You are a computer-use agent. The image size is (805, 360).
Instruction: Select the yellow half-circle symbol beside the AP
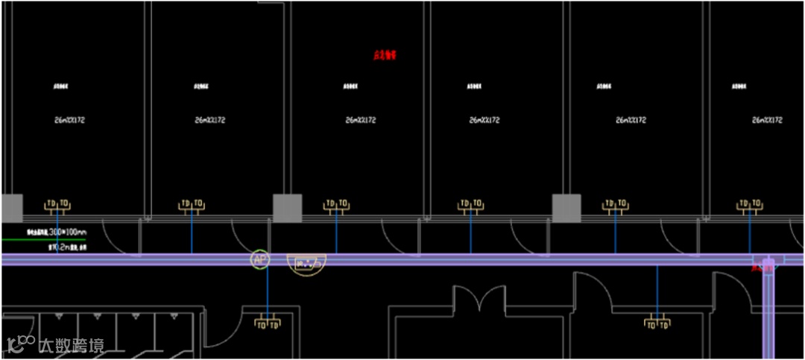click(308, 263)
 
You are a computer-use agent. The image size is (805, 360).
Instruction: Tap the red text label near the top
click(385, 55)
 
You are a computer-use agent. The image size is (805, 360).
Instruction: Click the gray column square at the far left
click(11, 208)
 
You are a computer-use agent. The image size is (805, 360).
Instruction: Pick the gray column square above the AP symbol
click(287, 208)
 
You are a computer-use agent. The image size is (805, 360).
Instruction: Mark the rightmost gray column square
click(566, 208)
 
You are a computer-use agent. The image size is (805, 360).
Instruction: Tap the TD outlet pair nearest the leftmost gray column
click(57, 203)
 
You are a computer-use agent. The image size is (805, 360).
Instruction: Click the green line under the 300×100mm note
click(43, 239)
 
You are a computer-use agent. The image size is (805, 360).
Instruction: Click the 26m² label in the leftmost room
click(69, 120)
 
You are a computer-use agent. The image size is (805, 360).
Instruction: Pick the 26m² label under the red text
click(361, 120)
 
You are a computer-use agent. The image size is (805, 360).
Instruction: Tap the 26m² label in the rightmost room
click(768, 120)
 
